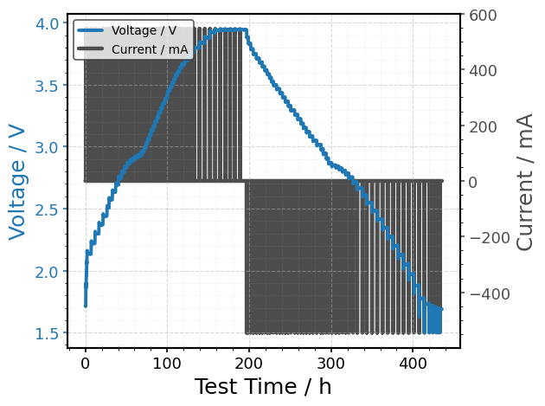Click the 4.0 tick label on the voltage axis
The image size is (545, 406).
pos(47,23)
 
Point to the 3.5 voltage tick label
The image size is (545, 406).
pos(47,86)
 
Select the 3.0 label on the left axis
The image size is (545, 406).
pos(47,147)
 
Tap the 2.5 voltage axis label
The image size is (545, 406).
pos(47,209)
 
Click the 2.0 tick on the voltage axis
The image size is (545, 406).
pos(47,272)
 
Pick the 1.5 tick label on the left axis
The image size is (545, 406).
pos(47,333)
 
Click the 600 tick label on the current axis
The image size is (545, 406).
pos(483,16)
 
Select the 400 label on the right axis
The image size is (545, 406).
pos(483,71)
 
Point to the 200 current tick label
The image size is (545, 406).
pos(483,126)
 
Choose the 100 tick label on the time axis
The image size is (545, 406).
pos(167,364)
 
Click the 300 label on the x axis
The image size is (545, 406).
pos(330,364)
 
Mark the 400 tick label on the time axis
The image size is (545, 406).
pos(413,364)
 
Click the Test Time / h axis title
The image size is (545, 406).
pos(263,386)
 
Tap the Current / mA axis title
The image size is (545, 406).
pos(524,182)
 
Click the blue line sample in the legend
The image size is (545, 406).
pos(90,30)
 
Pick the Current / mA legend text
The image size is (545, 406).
pos(150,49)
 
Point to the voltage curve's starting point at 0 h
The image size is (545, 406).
pos(86,306)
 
